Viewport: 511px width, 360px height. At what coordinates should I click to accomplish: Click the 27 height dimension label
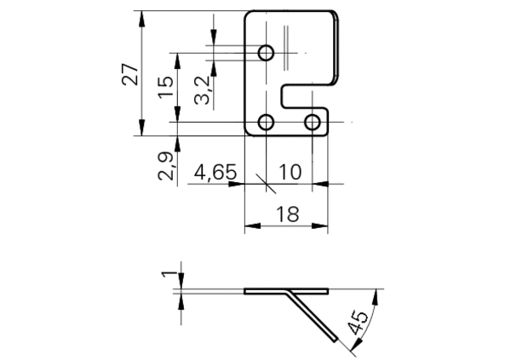[130, 74]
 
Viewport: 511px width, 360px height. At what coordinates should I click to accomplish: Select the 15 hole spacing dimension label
[166, 87]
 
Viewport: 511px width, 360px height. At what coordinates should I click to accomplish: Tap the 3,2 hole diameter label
[202, 90]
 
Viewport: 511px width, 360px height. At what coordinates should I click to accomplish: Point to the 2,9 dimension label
[166, 166]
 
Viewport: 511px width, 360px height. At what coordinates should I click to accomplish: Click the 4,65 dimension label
[215, 172]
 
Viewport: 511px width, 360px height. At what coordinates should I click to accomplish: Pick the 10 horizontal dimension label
[290, 172]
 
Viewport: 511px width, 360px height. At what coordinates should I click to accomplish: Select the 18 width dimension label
[288, 214]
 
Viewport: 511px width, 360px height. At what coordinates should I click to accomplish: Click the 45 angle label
[359, 323]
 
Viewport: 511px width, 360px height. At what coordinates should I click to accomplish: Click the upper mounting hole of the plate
[266, 53]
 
